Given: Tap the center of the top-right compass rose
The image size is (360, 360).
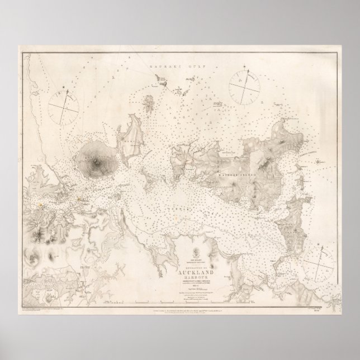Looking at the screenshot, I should point(245,85).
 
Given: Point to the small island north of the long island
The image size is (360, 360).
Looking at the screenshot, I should point(150,102).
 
